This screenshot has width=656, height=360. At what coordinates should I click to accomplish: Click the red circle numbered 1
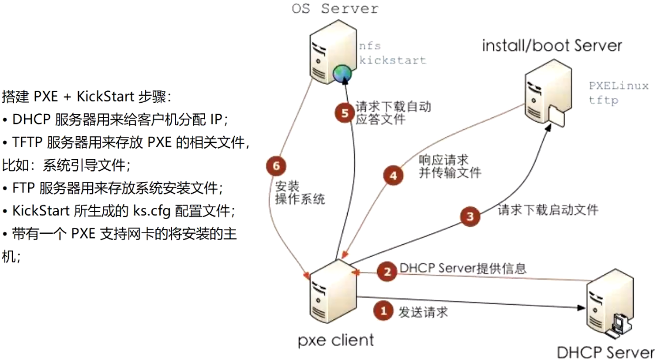(383, 310)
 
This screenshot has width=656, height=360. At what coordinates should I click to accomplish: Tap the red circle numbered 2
(386, 271)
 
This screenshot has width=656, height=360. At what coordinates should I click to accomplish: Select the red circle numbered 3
(469, 216)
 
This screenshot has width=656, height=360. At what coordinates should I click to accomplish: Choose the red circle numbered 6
(276, 166)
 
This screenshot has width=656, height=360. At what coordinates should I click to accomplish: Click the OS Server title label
(335, 9)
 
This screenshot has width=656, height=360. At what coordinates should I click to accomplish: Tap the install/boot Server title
(551, 45)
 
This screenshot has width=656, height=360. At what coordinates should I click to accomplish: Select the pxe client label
(334, 340)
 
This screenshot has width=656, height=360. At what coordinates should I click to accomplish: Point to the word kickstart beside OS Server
(392, 60)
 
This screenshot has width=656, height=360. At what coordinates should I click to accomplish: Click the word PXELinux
(618, 86)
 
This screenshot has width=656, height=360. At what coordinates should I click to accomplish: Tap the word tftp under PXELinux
(603, 100)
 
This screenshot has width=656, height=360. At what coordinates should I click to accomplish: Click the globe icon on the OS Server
(342, 73)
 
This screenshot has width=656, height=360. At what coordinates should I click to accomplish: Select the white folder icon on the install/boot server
(555, 116)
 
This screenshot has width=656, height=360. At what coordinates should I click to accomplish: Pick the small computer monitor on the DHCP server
(618, 324)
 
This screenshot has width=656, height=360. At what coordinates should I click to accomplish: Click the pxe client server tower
(332, 294)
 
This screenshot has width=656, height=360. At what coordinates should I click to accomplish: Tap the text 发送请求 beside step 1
(423, 311)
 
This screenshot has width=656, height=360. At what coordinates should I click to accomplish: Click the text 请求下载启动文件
(547, 210)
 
